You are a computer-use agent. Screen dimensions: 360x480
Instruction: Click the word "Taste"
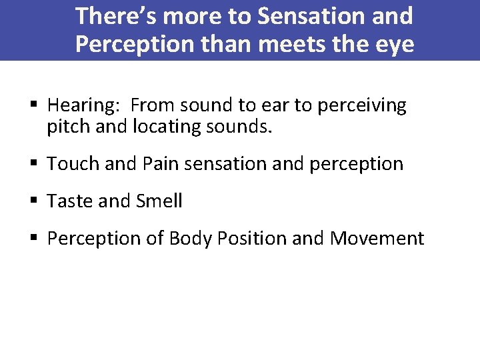click(70, 201)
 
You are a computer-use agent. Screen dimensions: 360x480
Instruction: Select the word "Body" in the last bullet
click(192, 239)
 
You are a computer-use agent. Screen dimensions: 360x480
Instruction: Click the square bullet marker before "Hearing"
click(35, 105)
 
